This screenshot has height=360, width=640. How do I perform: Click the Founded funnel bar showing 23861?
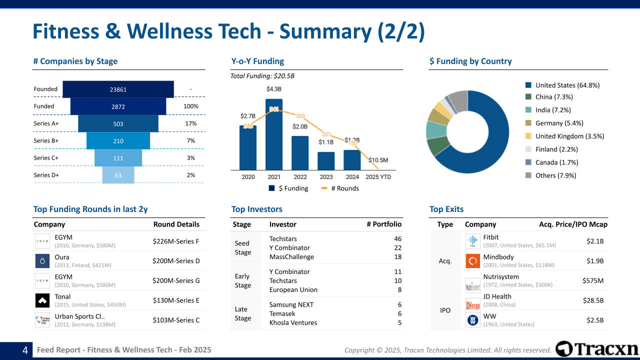[118, 89]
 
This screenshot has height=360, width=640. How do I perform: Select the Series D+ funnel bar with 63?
[118, 175]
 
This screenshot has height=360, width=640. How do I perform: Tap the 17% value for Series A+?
[191, 123]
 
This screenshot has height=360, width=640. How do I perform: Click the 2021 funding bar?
[274, 135]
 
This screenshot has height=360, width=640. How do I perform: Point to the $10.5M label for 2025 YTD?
[378, 160]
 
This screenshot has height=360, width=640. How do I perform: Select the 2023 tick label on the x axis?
[326, 177]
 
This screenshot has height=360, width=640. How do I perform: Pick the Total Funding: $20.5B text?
[262, 76]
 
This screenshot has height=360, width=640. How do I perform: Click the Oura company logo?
[42, 260]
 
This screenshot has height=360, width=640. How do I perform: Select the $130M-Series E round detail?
[176, 300]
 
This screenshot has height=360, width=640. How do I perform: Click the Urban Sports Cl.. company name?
[79, 316]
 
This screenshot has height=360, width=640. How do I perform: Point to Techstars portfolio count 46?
[397, 239]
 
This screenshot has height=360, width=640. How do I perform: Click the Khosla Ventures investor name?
[293, 323]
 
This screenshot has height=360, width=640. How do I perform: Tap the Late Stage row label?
[242, 313]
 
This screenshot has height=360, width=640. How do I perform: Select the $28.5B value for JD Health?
[593, 300]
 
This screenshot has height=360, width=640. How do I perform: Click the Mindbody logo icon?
[472, 261]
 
